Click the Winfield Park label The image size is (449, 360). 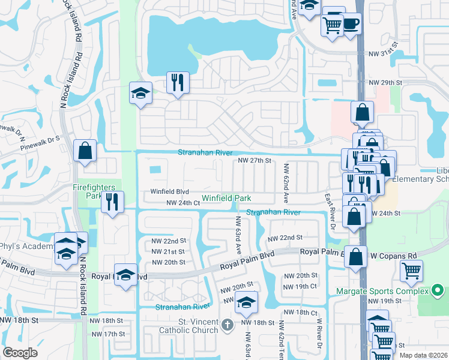click(x=226, y=198)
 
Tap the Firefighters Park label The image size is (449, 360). click(x=97, y=191)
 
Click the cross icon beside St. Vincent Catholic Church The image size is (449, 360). click(x=227, y=325)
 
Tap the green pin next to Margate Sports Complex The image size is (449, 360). click(x=441, y=291)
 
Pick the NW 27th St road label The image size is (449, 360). click(x=255, y=161)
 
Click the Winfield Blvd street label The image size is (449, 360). click(x=170, y=192)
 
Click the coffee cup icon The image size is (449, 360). click(x=351, y=23)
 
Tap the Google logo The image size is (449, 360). click(x=20, y=353)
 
